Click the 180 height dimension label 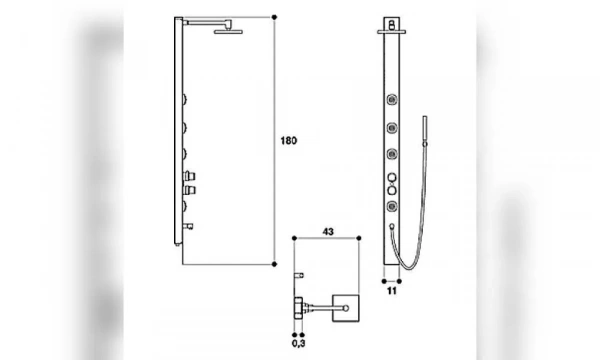tap(289, 141)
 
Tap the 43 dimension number tap(328, 231)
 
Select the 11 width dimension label tap(391, 291)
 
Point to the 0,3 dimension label tap(298, 343)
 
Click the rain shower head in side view tap(228, 32)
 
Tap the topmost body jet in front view tap(391, 99)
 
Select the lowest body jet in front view tap(391, 206)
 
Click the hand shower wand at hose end tap(425, 129)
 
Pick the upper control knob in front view tap(392, 177)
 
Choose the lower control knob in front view tap(392, 190)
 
